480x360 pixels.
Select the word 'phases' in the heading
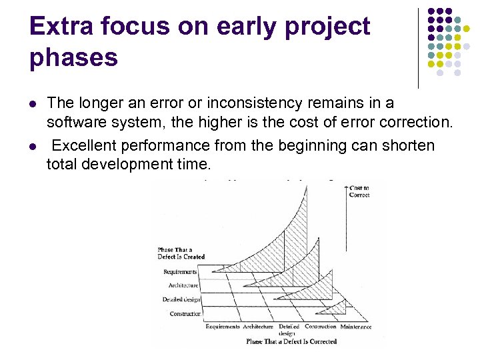[x=73, y=57]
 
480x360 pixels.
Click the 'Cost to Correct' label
[x=359, y=191]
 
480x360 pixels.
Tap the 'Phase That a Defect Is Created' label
[x=181, y=253]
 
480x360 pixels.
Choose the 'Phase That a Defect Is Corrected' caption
[x=291, y=341]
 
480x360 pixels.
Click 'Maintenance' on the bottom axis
[x=355, y=327]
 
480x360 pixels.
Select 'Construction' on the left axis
[x=185, y=313]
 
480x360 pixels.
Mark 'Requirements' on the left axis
[x=180, y=271]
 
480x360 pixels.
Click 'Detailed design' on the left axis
[x=181, y=299]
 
